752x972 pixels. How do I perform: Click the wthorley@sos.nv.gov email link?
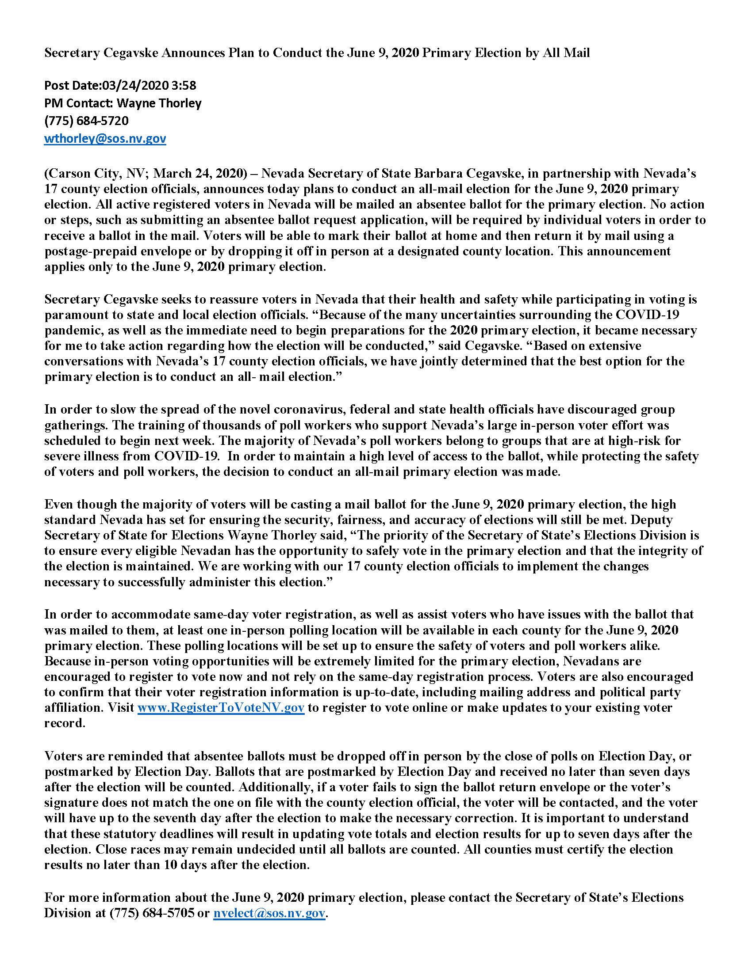pyautogui.click(x=105, y=139)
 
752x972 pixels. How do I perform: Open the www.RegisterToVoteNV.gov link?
pyautogui.click(x=221, y=708)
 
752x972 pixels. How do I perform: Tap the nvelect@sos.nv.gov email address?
pyautogui.click(x=269, y=913)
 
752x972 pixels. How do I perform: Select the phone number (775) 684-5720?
pyautogui.click(x=86, y=121)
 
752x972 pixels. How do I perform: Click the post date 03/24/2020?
pyautogui.click(x=135, y=85)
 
